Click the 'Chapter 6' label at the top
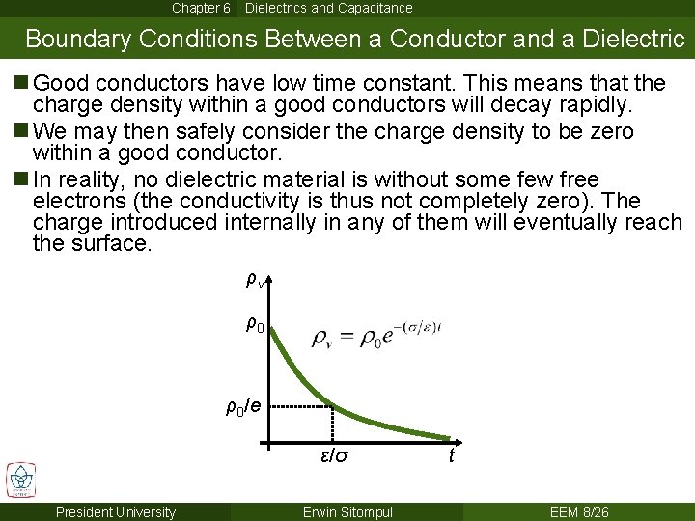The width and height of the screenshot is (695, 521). point(201,8)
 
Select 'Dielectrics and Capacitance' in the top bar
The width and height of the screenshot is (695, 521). point(328,8)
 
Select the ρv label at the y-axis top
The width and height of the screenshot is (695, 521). point(255,281)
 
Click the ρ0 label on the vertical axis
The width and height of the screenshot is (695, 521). point(255,325)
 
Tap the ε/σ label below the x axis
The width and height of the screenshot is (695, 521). point(334,454)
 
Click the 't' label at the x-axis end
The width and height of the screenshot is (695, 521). point(451,454)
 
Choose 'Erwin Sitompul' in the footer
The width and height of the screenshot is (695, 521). point(347,512)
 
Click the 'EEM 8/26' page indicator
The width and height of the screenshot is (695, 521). point(578,512)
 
